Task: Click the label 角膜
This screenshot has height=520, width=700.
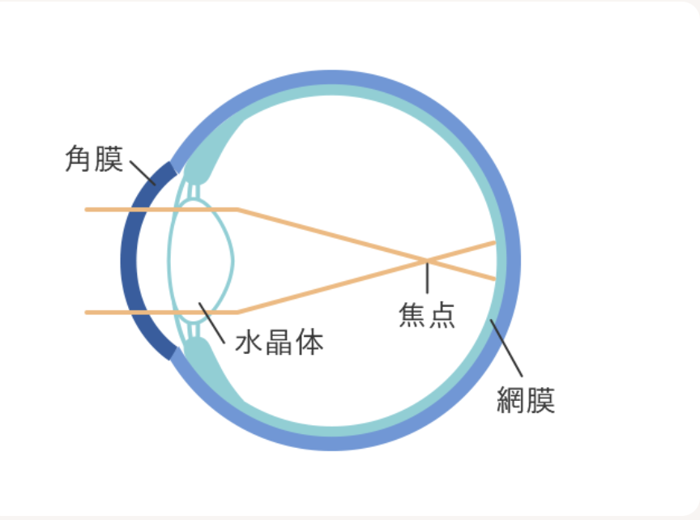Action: [x=94, y=159]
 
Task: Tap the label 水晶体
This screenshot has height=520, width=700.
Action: [x=280, y=343]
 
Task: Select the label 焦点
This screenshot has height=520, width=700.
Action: [x=427, y=315]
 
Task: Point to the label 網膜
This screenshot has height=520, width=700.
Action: [x=526, y=400]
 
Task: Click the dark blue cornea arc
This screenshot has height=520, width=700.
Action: [x=129, y=261]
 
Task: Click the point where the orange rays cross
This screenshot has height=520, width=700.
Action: [x=427, y=260]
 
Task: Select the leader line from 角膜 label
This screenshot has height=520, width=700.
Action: [x=143, y=173]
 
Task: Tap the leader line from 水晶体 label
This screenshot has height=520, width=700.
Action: [x=211, y=322]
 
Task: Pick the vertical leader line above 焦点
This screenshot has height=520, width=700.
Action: [x=427, y=278]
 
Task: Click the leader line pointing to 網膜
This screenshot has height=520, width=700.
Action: [x=506, y=348]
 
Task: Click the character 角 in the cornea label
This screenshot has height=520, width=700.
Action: [x=79, y=159]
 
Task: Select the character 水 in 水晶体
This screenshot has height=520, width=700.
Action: [x=249, y=343]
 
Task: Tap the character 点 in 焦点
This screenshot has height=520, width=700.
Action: [x=442, y=315]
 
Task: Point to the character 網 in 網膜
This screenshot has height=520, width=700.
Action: [x=511, y=400]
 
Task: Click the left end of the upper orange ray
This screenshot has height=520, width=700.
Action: [x=87, y=209]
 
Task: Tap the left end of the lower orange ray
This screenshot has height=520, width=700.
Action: [x=87, y=313]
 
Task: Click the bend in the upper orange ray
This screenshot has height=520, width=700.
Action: [x=238, y=209]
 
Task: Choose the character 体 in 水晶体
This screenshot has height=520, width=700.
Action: [x=309, y=343]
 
